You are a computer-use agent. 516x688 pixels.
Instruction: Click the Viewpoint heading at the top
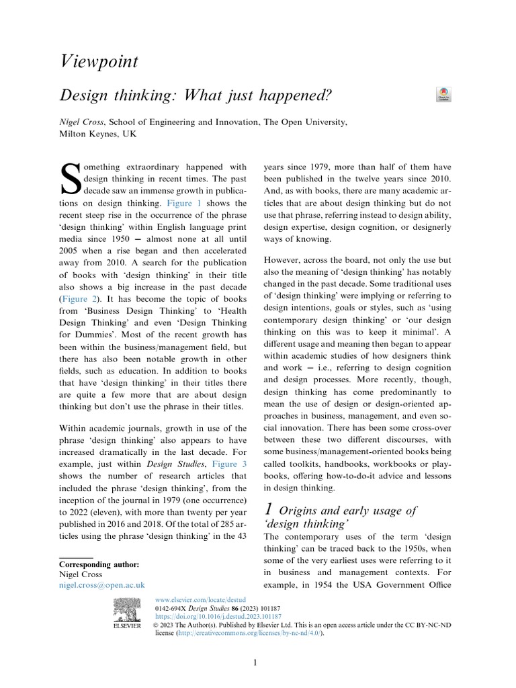[99, 62]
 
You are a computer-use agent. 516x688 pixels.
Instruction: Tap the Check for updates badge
[444, 94]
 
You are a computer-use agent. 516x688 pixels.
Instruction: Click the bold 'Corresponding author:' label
[99, 564]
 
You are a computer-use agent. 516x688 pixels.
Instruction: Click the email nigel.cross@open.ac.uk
[102, 586]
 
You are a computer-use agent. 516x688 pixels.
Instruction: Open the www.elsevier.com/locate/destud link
[200, 597]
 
